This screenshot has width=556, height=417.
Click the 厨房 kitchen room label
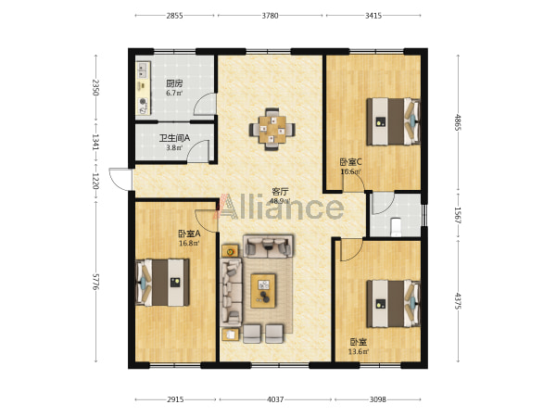[x=174, y=84]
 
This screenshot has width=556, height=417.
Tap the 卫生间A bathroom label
[x=174, y=138]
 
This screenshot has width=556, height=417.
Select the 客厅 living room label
[x=280, y=192]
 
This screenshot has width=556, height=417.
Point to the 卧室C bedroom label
[x=350, y=162]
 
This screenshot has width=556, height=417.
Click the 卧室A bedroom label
[x=189, y=234]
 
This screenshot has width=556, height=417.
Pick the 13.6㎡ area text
[x=358, y=352]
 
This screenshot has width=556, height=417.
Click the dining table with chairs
[x=272, y=129]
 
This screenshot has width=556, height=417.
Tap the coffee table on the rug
[x=263, y=291]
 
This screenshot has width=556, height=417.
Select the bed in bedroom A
[x=162, y=283]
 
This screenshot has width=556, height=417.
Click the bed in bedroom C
[x=393, y=121]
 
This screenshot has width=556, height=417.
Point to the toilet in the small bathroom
[x=396, y=227]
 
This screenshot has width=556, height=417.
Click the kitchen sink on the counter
[x=144, y=70]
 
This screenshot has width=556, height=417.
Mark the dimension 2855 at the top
[x=174, y=16]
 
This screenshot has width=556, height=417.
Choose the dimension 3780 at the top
[x=270, y=16]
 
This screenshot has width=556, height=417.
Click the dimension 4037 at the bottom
[x=275, y=399]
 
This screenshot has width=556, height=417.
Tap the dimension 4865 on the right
[x=458, y=122]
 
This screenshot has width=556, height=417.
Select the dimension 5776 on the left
[x=95, y=282]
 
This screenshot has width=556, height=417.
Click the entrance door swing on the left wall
[x=120, y=179]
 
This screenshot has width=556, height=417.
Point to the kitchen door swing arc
[x=204, y=104]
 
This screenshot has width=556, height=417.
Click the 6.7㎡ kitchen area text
[x=174, y=94]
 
